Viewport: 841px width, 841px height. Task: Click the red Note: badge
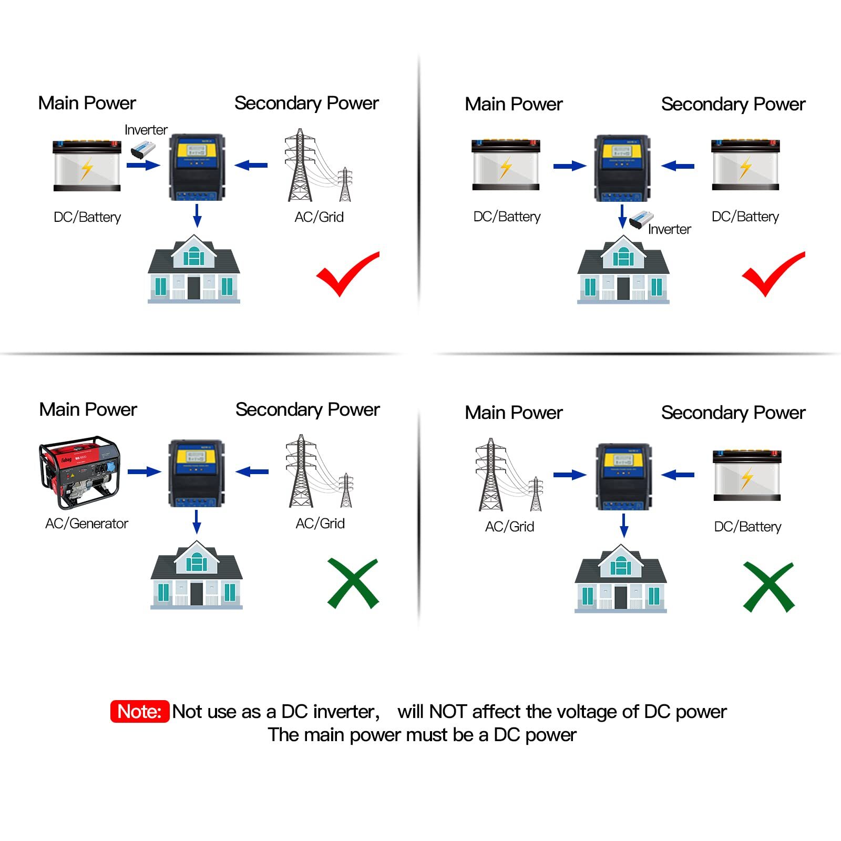click(139, 711)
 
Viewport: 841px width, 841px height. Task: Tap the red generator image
click(80, 471)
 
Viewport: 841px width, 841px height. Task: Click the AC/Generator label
click(87, 524)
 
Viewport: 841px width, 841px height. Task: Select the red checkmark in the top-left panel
click(347, 273)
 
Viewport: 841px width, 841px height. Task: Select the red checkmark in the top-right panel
click(773, 273)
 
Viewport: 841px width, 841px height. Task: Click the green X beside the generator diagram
click(353, 583)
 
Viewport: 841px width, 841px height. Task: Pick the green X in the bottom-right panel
click(768, 587)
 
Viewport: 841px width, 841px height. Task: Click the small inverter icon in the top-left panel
click(142, 150)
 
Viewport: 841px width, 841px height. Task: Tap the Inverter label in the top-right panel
click(669, 229)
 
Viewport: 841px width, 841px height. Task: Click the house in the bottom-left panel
click(196, 576)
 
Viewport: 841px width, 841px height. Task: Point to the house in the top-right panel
click(623, 270)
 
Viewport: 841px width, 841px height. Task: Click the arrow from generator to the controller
click(144, 471)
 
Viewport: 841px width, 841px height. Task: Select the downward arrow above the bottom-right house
click(624, 525)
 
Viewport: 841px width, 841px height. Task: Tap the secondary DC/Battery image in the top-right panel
click(745, 165)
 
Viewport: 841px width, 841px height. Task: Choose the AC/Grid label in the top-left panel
click(319, 217)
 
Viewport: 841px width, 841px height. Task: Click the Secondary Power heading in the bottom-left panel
click(307, 409)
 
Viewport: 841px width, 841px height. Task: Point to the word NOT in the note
click(448, 712)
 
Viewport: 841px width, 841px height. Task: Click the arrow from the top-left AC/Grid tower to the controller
click(251, 166)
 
